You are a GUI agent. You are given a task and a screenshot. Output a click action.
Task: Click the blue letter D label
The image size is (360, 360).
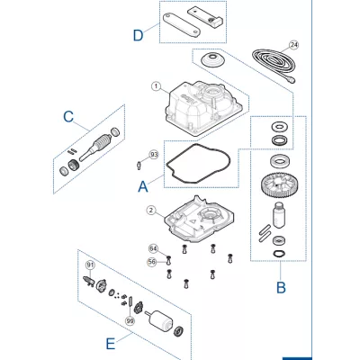click(x=138, y=36)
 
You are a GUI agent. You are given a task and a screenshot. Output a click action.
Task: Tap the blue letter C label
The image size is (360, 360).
click(x=68, y=116)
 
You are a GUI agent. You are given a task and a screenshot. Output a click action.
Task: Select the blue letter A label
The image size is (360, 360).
click(x=143, y=186)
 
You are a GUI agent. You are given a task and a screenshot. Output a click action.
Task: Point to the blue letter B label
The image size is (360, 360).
click(x=281, y=287)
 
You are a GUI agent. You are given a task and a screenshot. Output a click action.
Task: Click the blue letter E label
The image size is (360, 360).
click(x=111, y=344)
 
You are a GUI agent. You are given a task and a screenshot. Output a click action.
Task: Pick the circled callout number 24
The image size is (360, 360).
click(x=294, y=45)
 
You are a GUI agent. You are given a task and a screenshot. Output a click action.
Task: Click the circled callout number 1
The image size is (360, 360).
click(x=156, y=86)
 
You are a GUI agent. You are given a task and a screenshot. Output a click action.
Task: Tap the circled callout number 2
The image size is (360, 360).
click(x=151, y=211)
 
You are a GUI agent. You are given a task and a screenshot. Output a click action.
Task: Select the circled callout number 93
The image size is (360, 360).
click(x=154, y=155)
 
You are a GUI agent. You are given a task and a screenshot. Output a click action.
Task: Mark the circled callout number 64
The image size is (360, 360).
click(x=153, y=248)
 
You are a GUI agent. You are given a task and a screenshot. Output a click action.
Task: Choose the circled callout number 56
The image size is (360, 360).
click(x=152, y=262)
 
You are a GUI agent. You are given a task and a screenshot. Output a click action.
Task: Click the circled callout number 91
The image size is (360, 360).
click(x=90, y=265)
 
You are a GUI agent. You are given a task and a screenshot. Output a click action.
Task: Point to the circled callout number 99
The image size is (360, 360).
click(x=130, y=321)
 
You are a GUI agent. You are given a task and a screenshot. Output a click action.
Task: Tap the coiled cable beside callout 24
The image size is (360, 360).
click(x=274, y=64)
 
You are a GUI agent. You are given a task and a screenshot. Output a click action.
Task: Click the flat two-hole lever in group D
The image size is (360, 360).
click(x=182, y=25)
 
